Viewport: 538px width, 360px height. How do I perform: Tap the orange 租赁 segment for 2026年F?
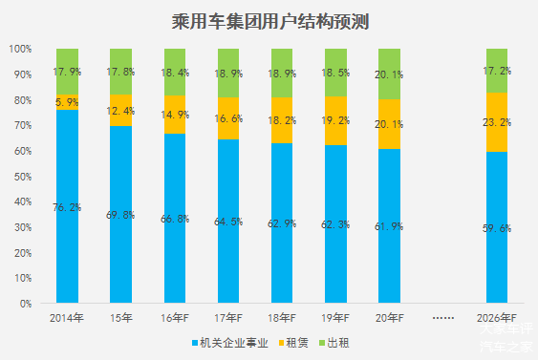tap(496, 122)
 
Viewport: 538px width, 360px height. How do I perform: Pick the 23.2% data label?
tap(497, 123)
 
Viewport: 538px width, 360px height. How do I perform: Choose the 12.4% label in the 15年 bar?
tap(120, 112)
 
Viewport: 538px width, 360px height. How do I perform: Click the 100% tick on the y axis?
tap(20, 49)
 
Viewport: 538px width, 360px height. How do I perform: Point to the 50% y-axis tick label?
tap(23, 177)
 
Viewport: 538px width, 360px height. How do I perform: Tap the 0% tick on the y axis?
tap(26, 304)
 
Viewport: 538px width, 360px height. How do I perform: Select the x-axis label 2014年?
tap(67, 318)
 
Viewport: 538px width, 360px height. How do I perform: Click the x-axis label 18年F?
tap(282, 318)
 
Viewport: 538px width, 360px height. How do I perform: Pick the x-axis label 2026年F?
tap(496, 318)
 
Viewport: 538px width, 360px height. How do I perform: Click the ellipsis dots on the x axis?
tap(442, 318)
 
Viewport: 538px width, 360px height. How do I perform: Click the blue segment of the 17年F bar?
tap(228, 229)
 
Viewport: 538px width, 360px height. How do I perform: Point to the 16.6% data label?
tap(228, 117)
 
